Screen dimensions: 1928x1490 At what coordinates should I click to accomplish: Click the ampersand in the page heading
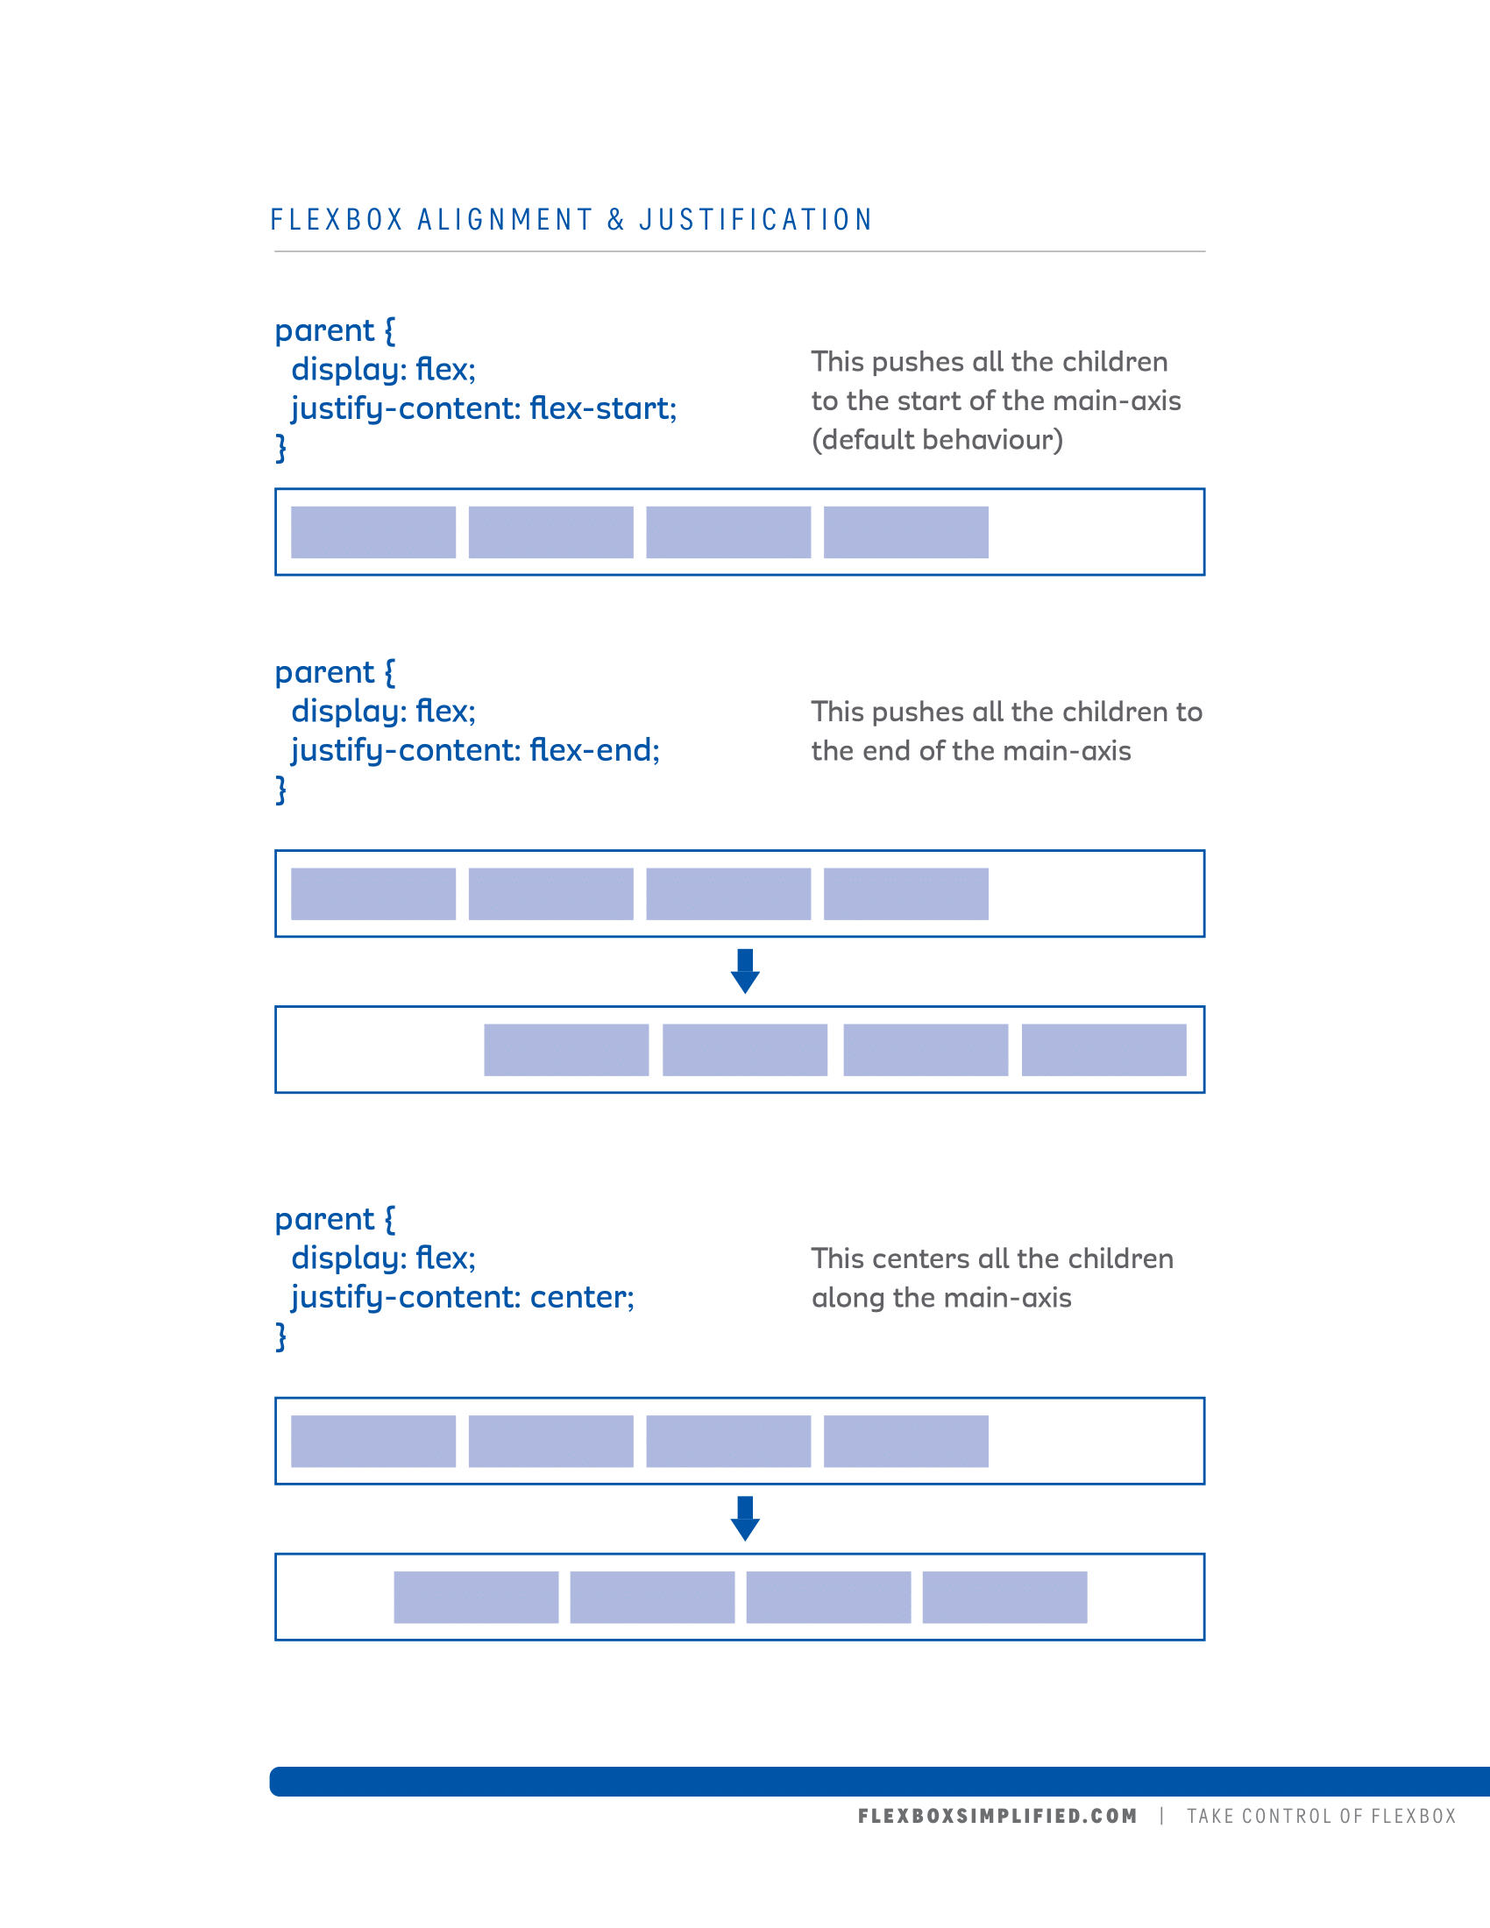tap(616, 220)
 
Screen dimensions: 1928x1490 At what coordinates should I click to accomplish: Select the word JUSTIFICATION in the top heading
tap(756, 220)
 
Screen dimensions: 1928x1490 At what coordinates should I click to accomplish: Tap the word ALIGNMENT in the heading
tap(505, 220)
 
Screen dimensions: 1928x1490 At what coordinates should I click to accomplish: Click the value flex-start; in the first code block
tap(603, 408)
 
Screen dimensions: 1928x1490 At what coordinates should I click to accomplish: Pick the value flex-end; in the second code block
tap(594, 749)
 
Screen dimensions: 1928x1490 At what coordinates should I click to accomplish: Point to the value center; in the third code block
tap(582, 1297)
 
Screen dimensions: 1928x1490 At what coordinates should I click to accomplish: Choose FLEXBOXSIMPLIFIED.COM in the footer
tap(997, 1816)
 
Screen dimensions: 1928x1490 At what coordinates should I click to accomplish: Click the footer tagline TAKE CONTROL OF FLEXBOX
tap(1321, 1816)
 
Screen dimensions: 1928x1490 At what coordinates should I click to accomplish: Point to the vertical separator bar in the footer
tap(1161, 1816)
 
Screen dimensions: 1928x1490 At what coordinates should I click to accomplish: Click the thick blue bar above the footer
tap(879, 1782)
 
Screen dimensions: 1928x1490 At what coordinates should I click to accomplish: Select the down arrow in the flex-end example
tap(745, 971)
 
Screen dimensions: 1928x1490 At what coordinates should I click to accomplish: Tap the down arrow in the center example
tap(745, 1519)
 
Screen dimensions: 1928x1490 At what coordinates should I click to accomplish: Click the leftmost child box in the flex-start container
tap(373, 532)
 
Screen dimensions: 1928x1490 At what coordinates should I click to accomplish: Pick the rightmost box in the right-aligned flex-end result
tap(1103, 1050)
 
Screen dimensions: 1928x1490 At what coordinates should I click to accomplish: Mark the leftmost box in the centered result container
tap(476, 1597)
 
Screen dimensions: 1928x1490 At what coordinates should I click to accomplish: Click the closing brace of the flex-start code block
tap(280, 448)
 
